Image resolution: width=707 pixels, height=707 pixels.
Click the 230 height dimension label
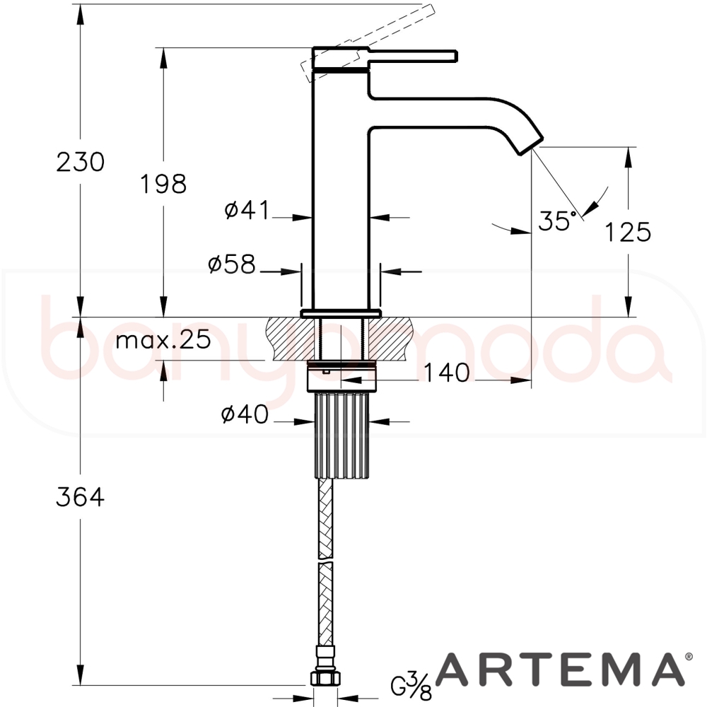pyautogui.click(x=81, y=162)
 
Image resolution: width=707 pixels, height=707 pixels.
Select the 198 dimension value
pyautogui.click(x=163, y=184)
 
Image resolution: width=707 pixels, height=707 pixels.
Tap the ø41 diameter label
pyautogui.click(x=247, y=210)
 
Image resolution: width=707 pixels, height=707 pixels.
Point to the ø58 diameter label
pyautogui.click(x=232, y=264)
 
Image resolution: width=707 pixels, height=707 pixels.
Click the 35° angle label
pyautogui.click(x=557, y=221)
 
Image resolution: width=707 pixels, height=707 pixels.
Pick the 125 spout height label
pyautogui.click(x=628, y=232)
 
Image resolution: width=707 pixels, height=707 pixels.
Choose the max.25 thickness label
pyautogui.click(x=163, y=339)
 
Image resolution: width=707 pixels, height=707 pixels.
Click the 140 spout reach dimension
pyautogui.click(x=447, y=373)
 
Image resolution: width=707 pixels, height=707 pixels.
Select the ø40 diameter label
pyautogui.click(x=245, y=414)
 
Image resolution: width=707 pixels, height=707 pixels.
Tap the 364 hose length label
pyautogui.click(x=81, y=497)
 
